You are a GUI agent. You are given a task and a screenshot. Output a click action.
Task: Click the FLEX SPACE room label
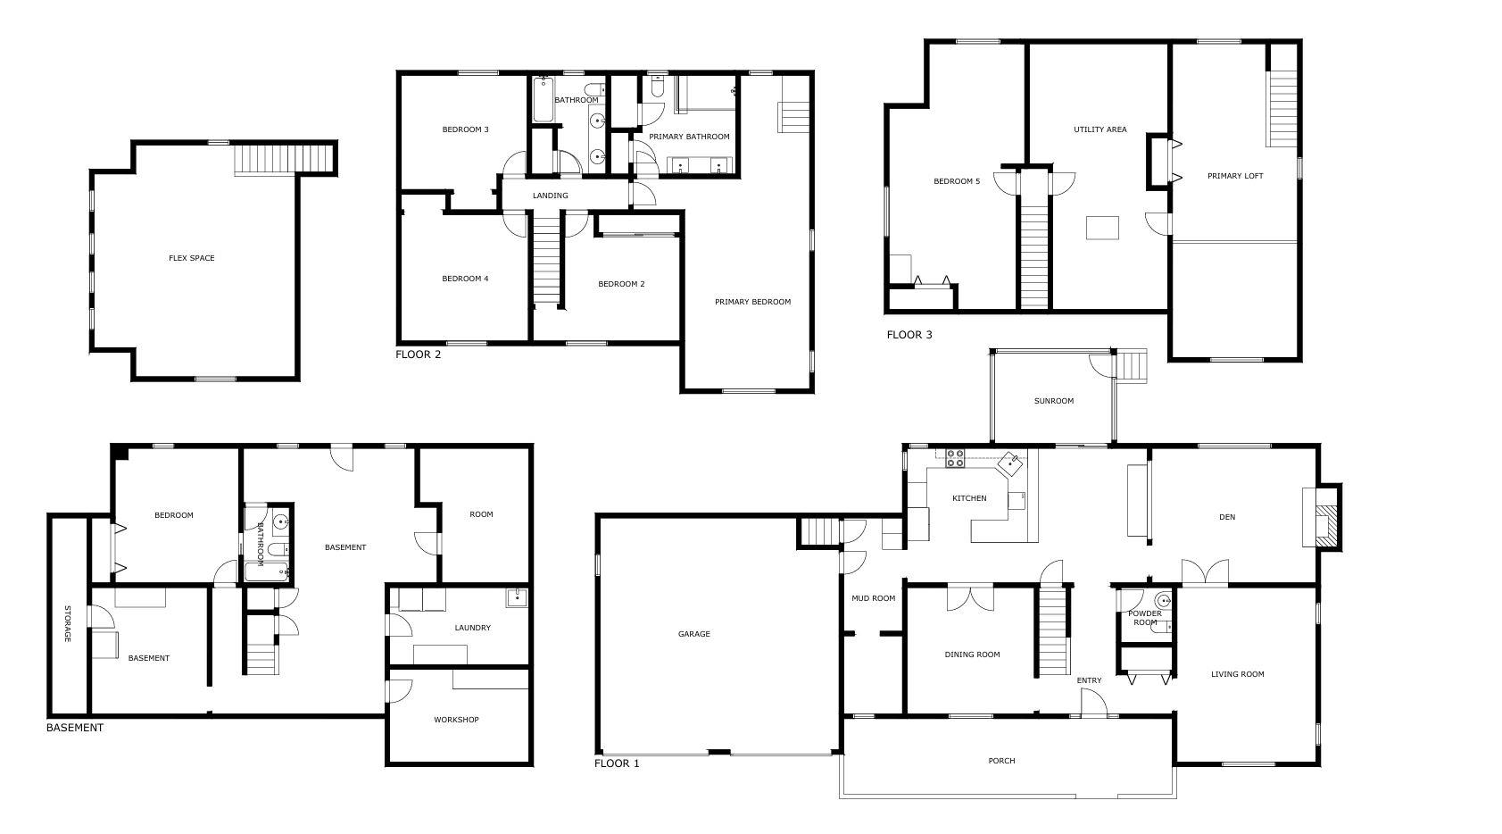(191, 258)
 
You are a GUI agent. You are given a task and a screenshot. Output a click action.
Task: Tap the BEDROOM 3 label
(465, 129)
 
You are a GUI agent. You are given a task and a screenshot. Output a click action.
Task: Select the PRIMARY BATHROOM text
(689, 137)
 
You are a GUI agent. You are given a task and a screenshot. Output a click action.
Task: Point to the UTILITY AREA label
(1100, 129)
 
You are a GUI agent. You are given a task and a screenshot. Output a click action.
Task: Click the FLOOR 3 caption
(909, 335)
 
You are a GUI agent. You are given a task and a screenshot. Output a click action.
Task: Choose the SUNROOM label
(1053, 401)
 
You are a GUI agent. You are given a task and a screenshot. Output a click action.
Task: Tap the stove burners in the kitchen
(955, 458)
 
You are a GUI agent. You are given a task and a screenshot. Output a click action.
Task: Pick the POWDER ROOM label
(1145, 618)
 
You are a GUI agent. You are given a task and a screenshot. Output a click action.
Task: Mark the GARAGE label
(693, 634)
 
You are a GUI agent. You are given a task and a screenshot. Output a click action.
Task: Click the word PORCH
(1001, 761)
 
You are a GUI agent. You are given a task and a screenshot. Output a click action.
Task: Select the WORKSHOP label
(456, 720)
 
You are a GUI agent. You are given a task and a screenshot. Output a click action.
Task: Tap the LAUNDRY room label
(472, 628)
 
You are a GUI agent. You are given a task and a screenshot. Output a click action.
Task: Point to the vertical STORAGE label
(67, 623)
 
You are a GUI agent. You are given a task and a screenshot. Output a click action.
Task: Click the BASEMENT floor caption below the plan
(75, 728)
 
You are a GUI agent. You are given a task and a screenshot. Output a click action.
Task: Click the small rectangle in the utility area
(1102, 228)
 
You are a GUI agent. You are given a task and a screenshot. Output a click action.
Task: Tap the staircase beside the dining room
(1053, 630)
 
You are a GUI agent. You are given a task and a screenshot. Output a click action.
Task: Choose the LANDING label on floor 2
(550, 196)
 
